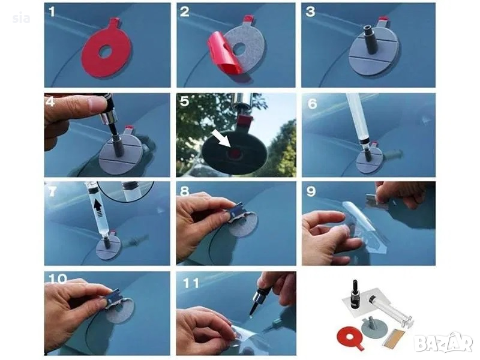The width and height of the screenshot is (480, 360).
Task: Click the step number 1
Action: coord(52,12)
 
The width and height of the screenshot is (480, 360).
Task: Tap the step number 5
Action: coord(184,101)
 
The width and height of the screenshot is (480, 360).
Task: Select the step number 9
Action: coord(311,191)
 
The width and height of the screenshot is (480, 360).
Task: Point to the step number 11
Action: coord(191,283)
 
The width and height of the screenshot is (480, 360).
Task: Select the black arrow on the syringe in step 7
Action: coord(98,207)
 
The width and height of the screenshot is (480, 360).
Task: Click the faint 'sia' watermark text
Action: coord(22,19)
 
